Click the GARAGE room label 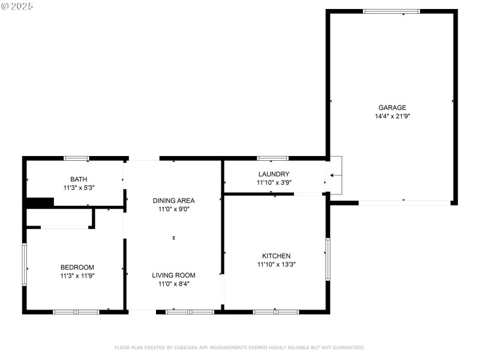point(392,108)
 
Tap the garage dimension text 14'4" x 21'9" point(392,116)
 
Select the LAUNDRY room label point(274,174)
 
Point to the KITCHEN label point(276,256)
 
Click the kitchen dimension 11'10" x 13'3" point(276,264)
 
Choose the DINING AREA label point(173,200)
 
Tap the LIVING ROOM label point(173,275)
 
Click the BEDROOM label point(77,268)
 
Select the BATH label point(79,179)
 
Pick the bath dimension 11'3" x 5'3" point(79,187)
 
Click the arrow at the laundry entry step point(335,175)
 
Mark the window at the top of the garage point(392,11)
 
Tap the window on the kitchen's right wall point(328,259)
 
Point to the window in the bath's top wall point(77,158)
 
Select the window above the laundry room point(272,158)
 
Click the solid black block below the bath point(40,203)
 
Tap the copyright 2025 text point(17,5)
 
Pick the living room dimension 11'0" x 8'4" point(173,284)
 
